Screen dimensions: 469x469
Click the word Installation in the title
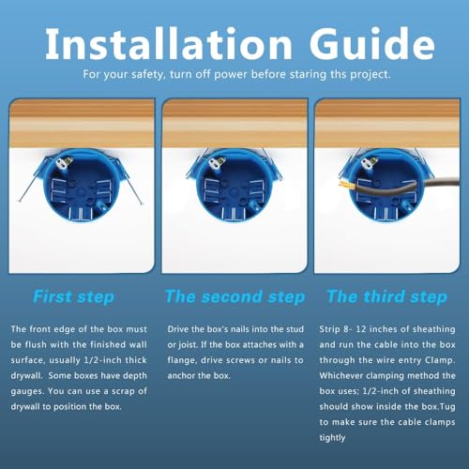[169, 44]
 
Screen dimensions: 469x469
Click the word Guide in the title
[372, 44]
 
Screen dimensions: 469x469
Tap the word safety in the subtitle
[147, 75]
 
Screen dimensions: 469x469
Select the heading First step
[74, 296]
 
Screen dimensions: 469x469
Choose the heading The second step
[235, 296]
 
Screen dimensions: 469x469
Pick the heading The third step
[387, 296]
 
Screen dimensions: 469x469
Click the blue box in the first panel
[81, 185]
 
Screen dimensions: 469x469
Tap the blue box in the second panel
[234, 185]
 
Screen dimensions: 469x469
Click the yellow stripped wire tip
[344, 185]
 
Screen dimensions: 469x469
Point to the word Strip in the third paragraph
[329, 329]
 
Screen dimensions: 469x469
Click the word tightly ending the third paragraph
[332, 438]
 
